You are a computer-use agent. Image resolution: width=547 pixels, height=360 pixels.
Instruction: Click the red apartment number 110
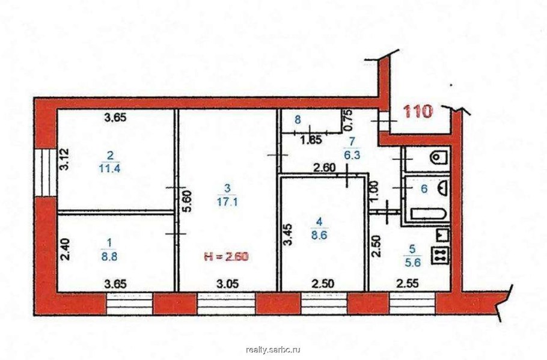tap(418, 112)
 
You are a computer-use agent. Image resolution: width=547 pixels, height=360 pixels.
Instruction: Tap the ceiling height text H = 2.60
tap(225, 257)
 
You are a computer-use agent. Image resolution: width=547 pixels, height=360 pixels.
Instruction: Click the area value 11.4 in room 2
tap(110, 168)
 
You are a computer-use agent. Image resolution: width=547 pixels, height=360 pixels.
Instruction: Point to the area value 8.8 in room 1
tap(109, 254)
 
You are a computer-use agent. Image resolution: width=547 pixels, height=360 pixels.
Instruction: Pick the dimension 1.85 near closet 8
tap(310, 141)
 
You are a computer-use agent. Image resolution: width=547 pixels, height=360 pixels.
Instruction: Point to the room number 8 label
tap(297, 119)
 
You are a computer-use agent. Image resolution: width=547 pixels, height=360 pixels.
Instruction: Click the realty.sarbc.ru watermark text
tap(273, 349)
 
